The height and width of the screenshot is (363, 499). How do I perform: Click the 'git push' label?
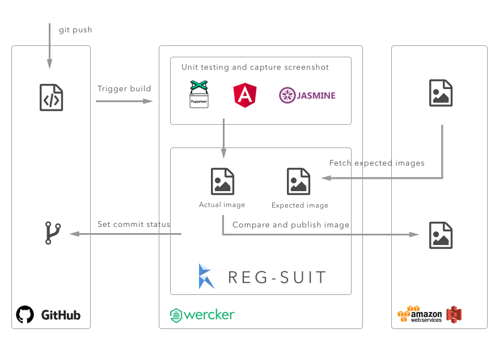click(x=75, y=29)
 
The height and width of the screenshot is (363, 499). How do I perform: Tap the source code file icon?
click(x=51, y=98)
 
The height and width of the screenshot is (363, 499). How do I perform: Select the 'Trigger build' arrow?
click(x=124, y=101)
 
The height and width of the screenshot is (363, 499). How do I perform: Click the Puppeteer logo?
click(x=199, y=94)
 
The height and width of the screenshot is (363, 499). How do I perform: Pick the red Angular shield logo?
click(x=245, y=95)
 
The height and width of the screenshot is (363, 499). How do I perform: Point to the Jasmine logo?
click(x=307, y=95)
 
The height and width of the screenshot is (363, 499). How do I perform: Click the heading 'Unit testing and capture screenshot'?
click(x=255, y=67)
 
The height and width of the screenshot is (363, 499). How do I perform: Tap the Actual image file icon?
click(x=222, y=181)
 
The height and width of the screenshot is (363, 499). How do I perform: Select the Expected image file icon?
click(x=299, y=181)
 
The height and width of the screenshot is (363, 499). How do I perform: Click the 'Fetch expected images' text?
click(x=377, y=163)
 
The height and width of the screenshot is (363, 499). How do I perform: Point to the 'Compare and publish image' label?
click(x=290, y=225)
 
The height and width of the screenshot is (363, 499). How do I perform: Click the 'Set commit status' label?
click(x=133, y=224)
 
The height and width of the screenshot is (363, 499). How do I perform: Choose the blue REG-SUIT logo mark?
click(x=206, y=276)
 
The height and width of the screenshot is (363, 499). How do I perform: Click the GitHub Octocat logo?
click(x=25, y=315)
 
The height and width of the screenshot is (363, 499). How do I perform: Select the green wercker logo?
click(x=202, y=315)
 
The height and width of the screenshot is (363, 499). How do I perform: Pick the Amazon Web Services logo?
click(x=419, y=315)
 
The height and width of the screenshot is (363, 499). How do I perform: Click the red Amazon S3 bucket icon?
click(x=454, y=315)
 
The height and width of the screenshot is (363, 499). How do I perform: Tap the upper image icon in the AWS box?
click(x=441, y=94)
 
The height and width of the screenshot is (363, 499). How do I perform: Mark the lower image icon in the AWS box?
click(x=441, y=235)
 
